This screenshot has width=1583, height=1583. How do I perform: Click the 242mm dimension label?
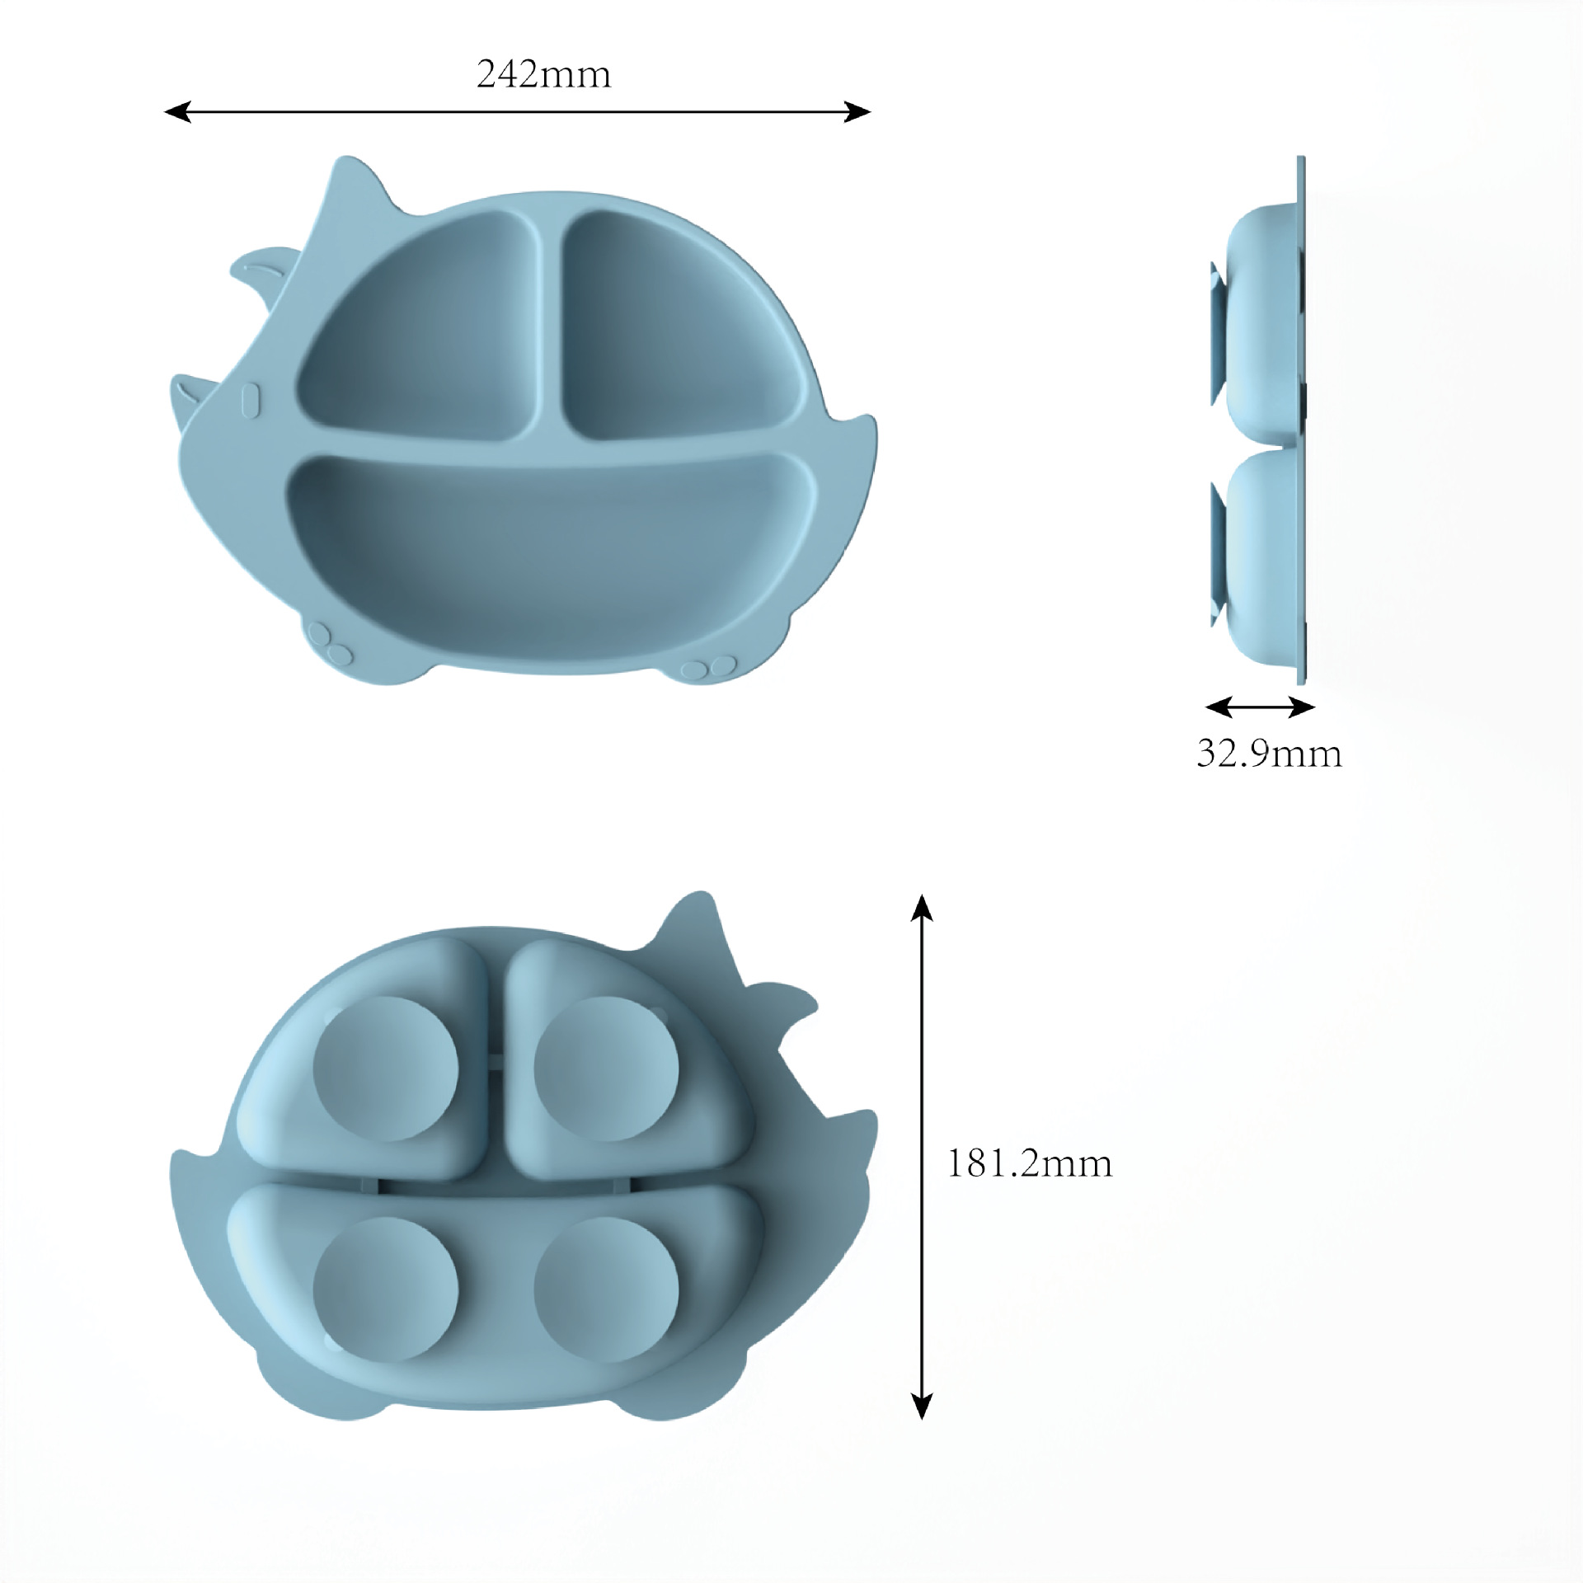pos(543,75)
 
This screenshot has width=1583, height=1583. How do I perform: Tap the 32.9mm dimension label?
pos(1269,754)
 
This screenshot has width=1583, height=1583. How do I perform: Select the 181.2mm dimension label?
pos(1030,1163)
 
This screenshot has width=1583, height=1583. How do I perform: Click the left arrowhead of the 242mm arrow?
pos(176,112)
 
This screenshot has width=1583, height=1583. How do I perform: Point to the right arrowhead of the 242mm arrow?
pos(858,112)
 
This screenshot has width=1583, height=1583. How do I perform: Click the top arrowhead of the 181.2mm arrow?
pos(922,907)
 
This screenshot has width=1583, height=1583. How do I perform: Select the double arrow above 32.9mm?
pos(1260,707)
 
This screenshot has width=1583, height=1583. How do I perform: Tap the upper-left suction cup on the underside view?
pos(385,1069)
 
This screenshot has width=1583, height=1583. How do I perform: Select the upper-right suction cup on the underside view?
pos(606,1069)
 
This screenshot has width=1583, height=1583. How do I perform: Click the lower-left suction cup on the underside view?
pos(385,1289)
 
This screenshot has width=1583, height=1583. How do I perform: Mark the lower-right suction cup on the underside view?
pos(606,1289)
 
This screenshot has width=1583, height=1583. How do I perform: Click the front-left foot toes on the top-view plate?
pos(328,643)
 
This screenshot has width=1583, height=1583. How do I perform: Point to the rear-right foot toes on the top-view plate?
pos(709,666)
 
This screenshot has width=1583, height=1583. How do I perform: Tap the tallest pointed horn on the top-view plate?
pos(350,181)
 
